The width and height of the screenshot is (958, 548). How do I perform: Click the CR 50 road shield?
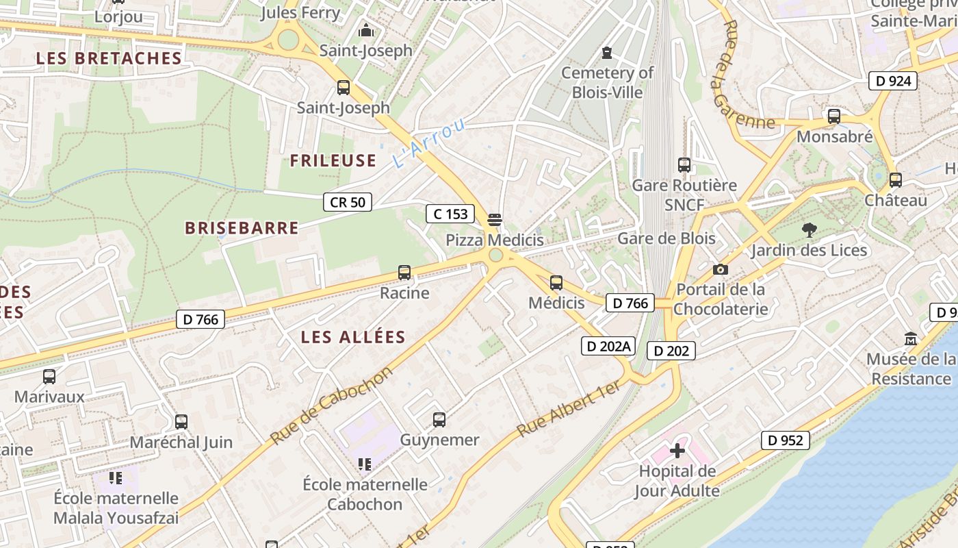(348, 202)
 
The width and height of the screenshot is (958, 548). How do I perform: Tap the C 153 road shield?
(451, 214)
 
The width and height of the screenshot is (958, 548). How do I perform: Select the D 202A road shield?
(608, 346)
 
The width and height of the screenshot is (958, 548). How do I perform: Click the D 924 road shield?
(893, 81)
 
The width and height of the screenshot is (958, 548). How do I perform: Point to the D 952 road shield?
(786, 440)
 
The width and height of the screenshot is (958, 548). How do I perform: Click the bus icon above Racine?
(404, 273)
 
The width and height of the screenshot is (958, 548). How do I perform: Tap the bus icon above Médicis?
(556, 282)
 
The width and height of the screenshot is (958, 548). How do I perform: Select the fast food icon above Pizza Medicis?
(495, 220)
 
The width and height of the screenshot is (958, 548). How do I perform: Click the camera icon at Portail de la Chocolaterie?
(720, 269)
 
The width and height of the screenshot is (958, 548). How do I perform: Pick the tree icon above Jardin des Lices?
(810, 229)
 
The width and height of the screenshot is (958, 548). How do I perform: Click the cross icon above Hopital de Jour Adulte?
(677, 451)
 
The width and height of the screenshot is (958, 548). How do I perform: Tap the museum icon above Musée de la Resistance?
(911, 339)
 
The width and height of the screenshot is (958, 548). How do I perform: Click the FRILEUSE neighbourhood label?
(333, 160)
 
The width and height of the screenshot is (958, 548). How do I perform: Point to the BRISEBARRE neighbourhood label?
(242, 228)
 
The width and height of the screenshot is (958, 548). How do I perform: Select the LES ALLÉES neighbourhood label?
(353, 337)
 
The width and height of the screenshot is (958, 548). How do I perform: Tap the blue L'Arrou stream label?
(429, 142)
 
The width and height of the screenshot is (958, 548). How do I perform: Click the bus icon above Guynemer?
(439, 419)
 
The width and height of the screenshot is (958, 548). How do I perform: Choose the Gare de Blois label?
(666, 238)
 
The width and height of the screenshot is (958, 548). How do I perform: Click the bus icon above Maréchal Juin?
(181, 422)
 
